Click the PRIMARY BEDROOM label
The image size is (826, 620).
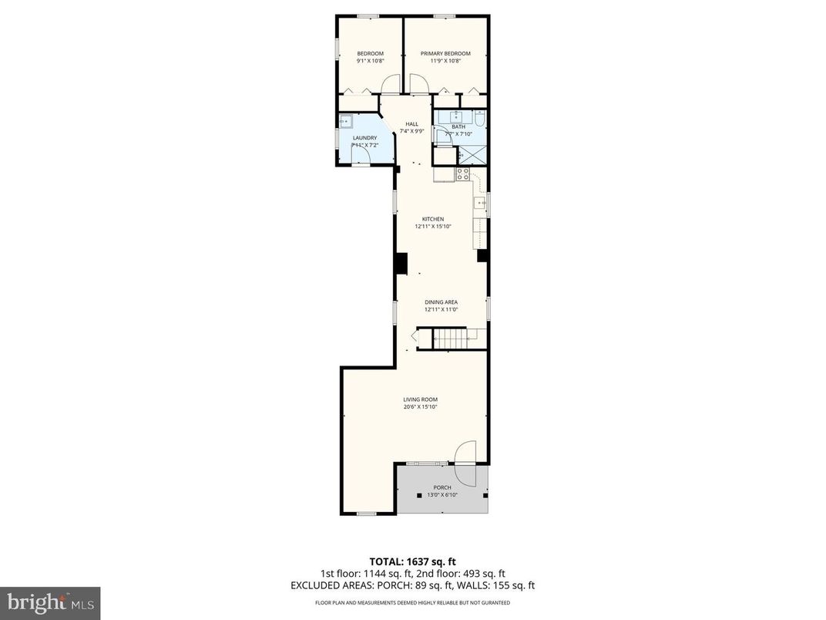(x=445, y=53)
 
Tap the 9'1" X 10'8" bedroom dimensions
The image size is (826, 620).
(x=370, y=61)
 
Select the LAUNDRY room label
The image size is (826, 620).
(x=364, y=138)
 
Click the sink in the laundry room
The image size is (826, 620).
(x=346, y=120)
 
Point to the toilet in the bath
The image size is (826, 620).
(x=479, y=120)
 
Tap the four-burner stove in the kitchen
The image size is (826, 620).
(x=463, y=174)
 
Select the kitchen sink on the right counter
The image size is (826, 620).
(x=479, y=203)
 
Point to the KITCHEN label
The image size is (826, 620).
(x=432, y=219)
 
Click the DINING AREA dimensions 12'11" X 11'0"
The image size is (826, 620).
(x=442, y=309)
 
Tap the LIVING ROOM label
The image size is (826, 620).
(x=420, y=399)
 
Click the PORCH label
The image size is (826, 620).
(x=442, y=487)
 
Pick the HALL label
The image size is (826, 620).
(x=412, y=123)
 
